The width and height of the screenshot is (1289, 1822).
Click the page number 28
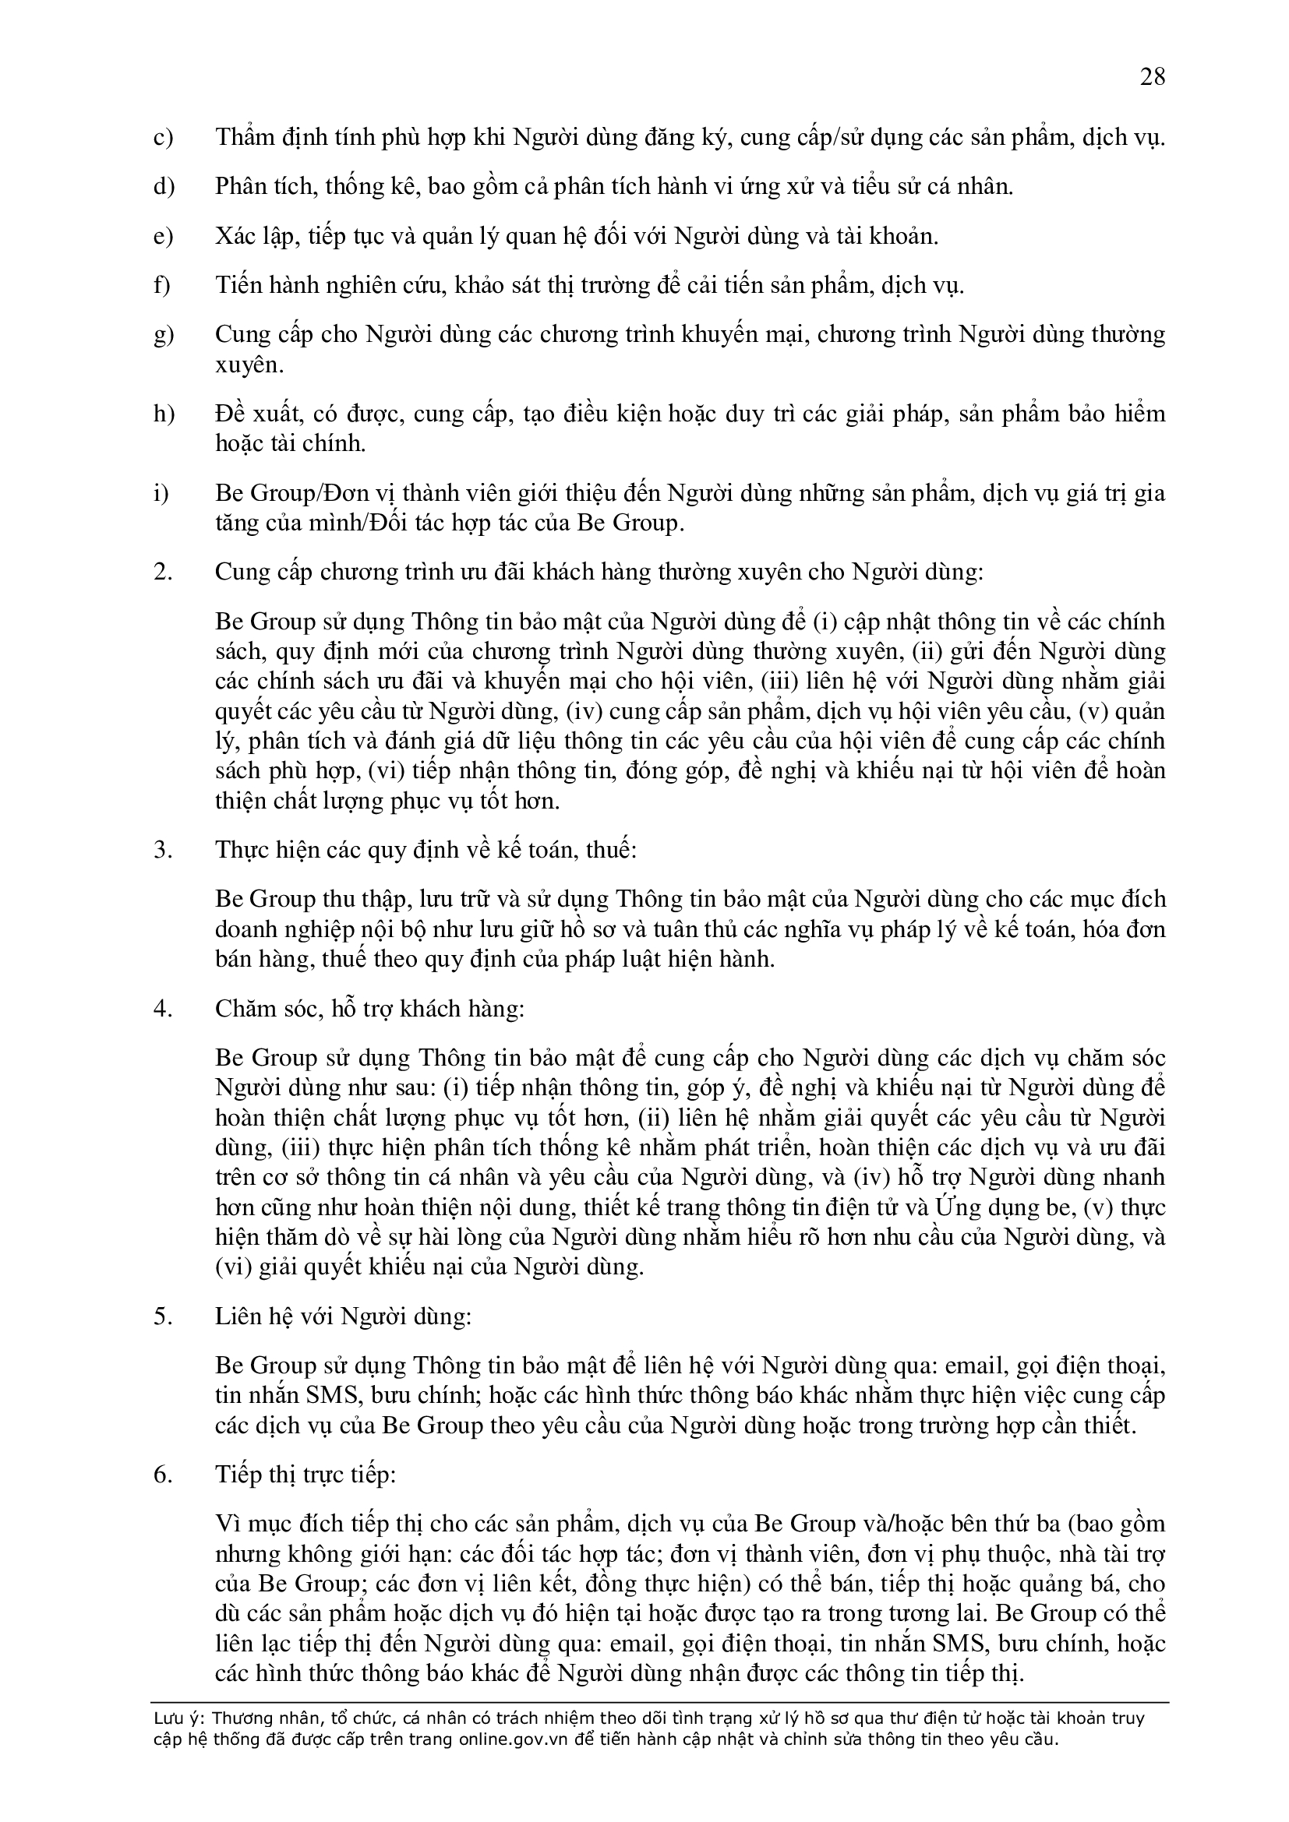point(1153,78)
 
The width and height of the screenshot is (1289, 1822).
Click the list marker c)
point(163,138)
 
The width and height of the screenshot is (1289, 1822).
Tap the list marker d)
point(163,187)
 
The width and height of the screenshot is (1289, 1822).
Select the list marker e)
point(163,237)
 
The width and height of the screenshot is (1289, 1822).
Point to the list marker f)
point(162,286)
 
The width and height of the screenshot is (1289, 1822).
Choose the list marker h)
point(163,414)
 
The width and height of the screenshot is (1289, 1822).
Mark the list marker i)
point(161,494)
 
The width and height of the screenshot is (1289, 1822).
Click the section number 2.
point(162,573)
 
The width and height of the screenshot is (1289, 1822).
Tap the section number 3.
point(162,850)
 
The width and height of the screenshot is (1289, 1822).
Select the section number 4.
point(162,1009)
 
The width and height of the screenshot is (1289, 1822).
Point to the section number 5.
point(162,1316)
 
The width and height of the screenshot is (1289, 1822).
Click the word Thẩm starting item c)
point(243,138)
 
